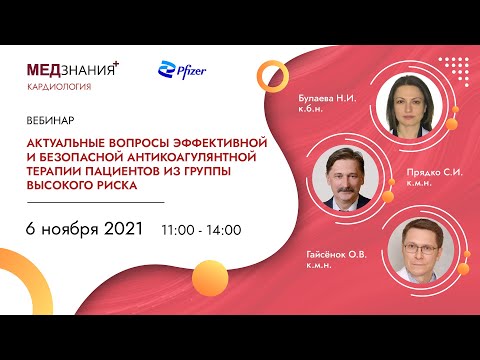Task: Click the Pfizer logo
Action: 180,71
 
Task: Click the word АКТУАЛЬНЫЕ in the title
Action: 69,141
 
